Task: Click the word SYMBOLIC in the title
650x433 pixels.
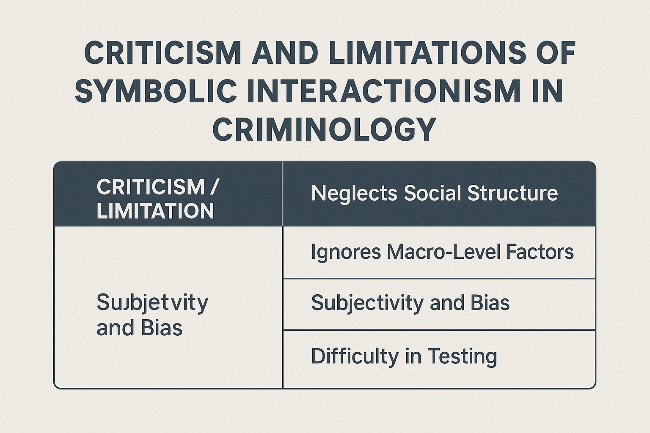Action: (156, 91)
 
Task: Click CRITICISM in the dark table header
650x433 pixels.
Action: (150, 187)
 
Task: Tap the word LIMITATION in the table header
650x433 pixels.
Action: (155, 211)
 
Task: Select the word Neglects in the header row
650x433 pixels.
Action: (354, 193)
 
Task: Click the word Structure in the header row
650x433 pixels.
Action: (512, 193)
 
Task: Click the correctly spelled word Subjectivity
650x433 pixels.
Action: (367, 303)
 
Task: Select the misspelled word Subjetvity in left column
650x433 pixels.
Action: (152, 303)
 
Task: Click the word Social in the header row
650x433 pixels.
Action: (432, 193)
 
